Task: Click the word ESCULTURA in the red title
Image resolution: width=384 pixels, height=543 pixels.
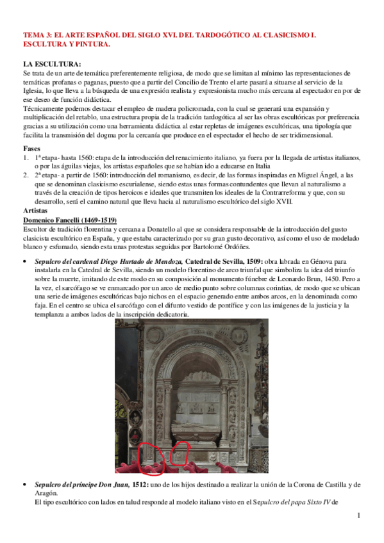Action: pyautogui.click(x=45, y=45)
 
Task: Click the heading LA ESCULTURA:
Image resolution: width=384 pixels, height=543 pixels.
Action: pyautogui.click(x=52, y=65)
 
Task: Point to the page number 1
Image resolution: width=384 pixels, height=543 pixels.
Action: pyautogui.click(x=360, y=515)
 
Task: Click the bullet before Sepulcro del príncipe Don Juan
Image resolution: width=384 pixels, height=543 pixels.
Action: pyautogui.click(x=24, y=485)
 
